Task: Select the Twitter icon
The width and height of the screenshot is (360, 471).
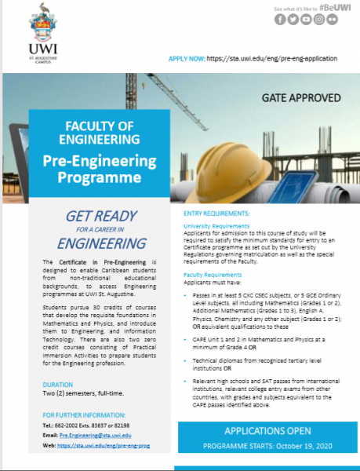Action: (293, 20)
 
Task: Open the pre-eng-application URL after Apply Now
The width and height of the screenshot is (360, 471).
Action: (274, 58)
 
